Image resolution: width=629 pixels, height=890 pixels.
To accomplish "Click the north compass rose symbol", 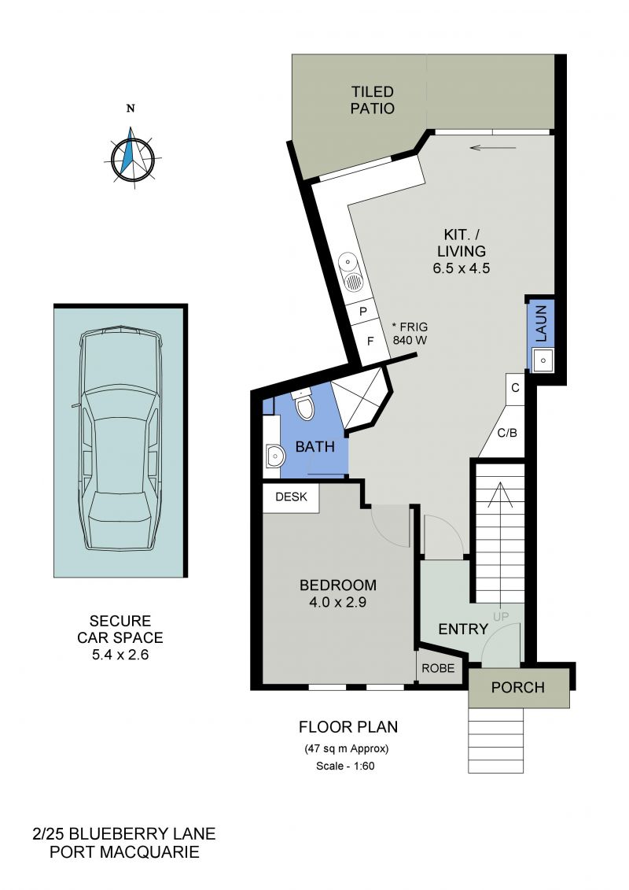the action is point(132,156).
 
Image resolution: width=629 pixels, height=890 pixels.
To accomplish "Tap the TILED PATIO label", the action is point(372,100).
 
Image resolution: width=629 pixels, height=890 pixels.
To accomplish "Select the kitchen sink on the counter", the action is point(353,272).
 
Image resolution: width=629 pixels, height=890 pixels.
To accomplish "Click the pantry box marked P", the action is point(363,311).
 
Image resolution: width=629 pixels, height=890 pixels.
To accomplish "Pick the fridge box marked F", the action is point(371,342).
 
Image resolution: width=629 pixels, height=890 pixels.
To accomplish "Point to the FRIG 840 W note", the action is point(410,334).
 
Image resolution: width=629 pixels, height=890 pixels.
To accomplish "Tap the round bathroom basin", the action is point(274,456).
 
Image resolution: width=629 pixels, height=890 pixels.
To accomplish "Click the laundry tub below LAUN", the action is point(543,360).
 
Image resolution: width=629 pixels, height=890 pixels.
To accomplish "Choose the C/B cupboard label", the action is point(507,433).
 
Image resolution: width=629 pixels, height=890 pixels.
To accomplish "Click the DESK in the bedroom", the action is point(290,497).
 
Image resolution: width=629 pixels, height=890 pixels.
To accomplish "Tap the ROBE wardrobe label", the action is point(438,668).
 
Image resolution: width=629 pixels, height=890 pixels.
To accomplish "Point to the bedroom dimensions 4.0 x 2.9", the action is point(337,602).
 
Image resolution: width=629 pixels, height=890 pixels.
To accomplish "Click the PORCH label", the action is point(518,687).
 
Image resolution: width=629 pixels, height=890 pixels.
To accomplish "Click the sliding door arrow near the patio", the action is point(493,148).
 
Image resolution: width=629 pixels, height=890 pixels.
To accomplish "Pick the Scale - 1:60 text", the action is point(345,766).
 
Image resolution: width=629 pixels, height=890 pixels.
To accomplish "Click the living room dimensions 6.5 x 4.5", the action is point(461,268).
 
